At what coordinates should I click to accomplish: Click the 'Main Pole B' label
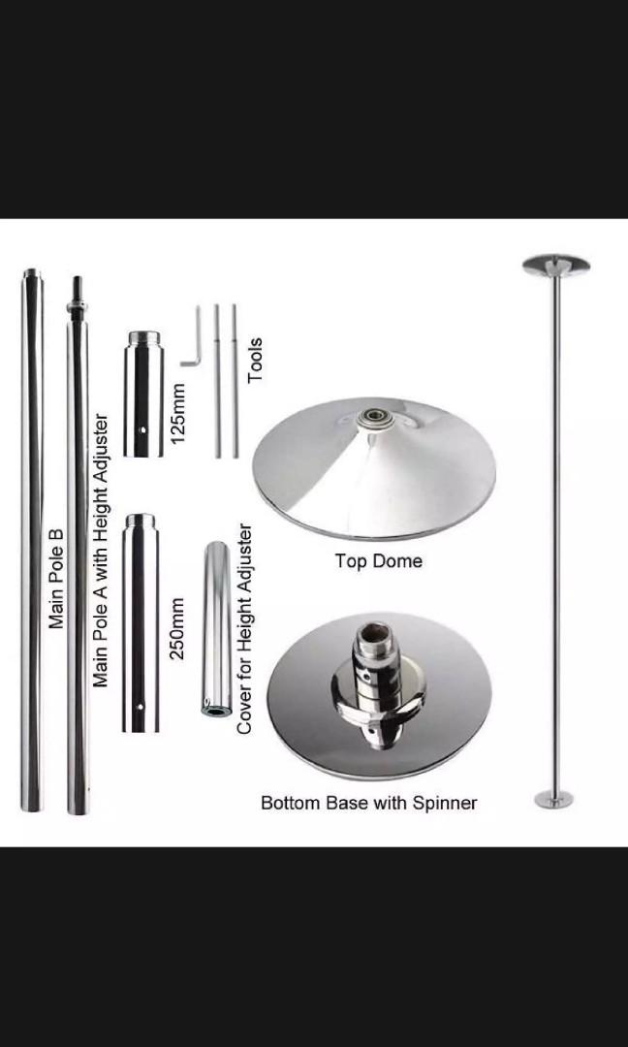56,577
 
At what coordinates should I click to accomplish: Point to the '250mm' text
177,628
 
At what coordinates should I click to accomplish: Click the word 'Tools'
256,360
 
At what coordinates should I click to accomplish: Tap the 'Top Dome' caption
378,561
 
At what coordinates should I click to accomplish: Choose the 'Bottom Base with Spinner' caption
368,803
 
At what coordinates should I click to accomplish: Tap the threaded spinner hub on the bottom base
375,680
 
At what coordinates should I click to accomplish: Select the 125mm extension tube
141,394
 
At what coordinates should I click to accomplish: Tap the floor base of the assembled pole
554,799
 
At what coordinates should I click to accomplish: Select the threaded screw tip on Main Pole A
76,291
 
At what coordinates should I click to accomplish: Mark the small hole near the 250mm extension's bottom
141,707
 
